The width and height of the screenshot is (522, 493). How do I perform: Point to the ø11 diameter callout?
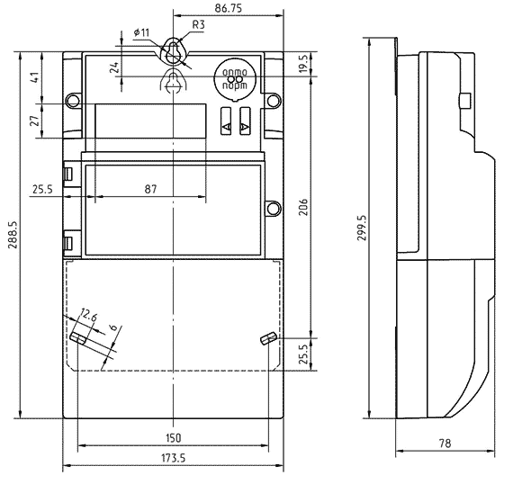coord(141,32)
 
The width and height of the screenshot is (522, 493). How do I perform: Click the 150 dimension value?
coord(174,437)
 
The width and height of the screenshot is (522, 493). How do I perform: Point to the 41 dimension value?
coord(34,77)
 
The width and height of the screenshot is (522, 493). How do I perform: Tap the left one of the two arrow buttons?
coord(225,127)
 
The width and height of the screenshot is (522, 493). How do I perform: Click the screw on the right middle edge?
coord(272,208)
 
